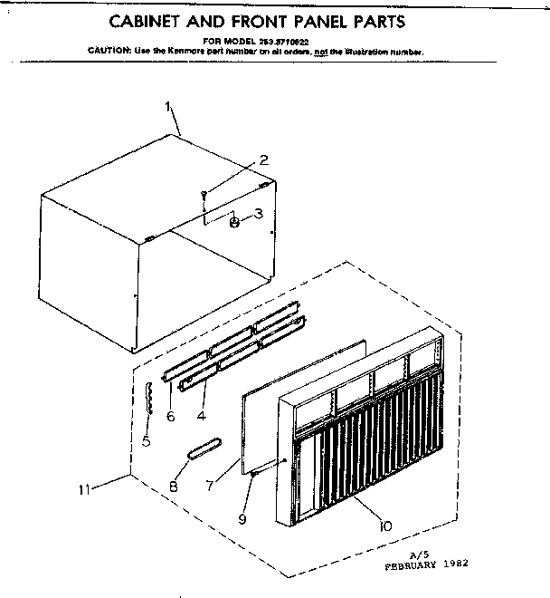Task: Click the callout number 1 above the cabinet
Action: pos(169,107)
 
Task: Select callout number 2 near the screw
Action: pos(263,160)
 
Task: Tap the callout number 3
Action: pos(258,215)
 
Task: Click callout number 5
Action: pos(147,443)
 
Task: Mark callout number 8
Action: pos(174,486)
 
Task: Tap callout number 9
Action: pos(242,518)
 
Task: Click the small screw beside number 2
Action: pos(206,192)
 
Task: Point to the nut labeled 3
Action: pos(233,220)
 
